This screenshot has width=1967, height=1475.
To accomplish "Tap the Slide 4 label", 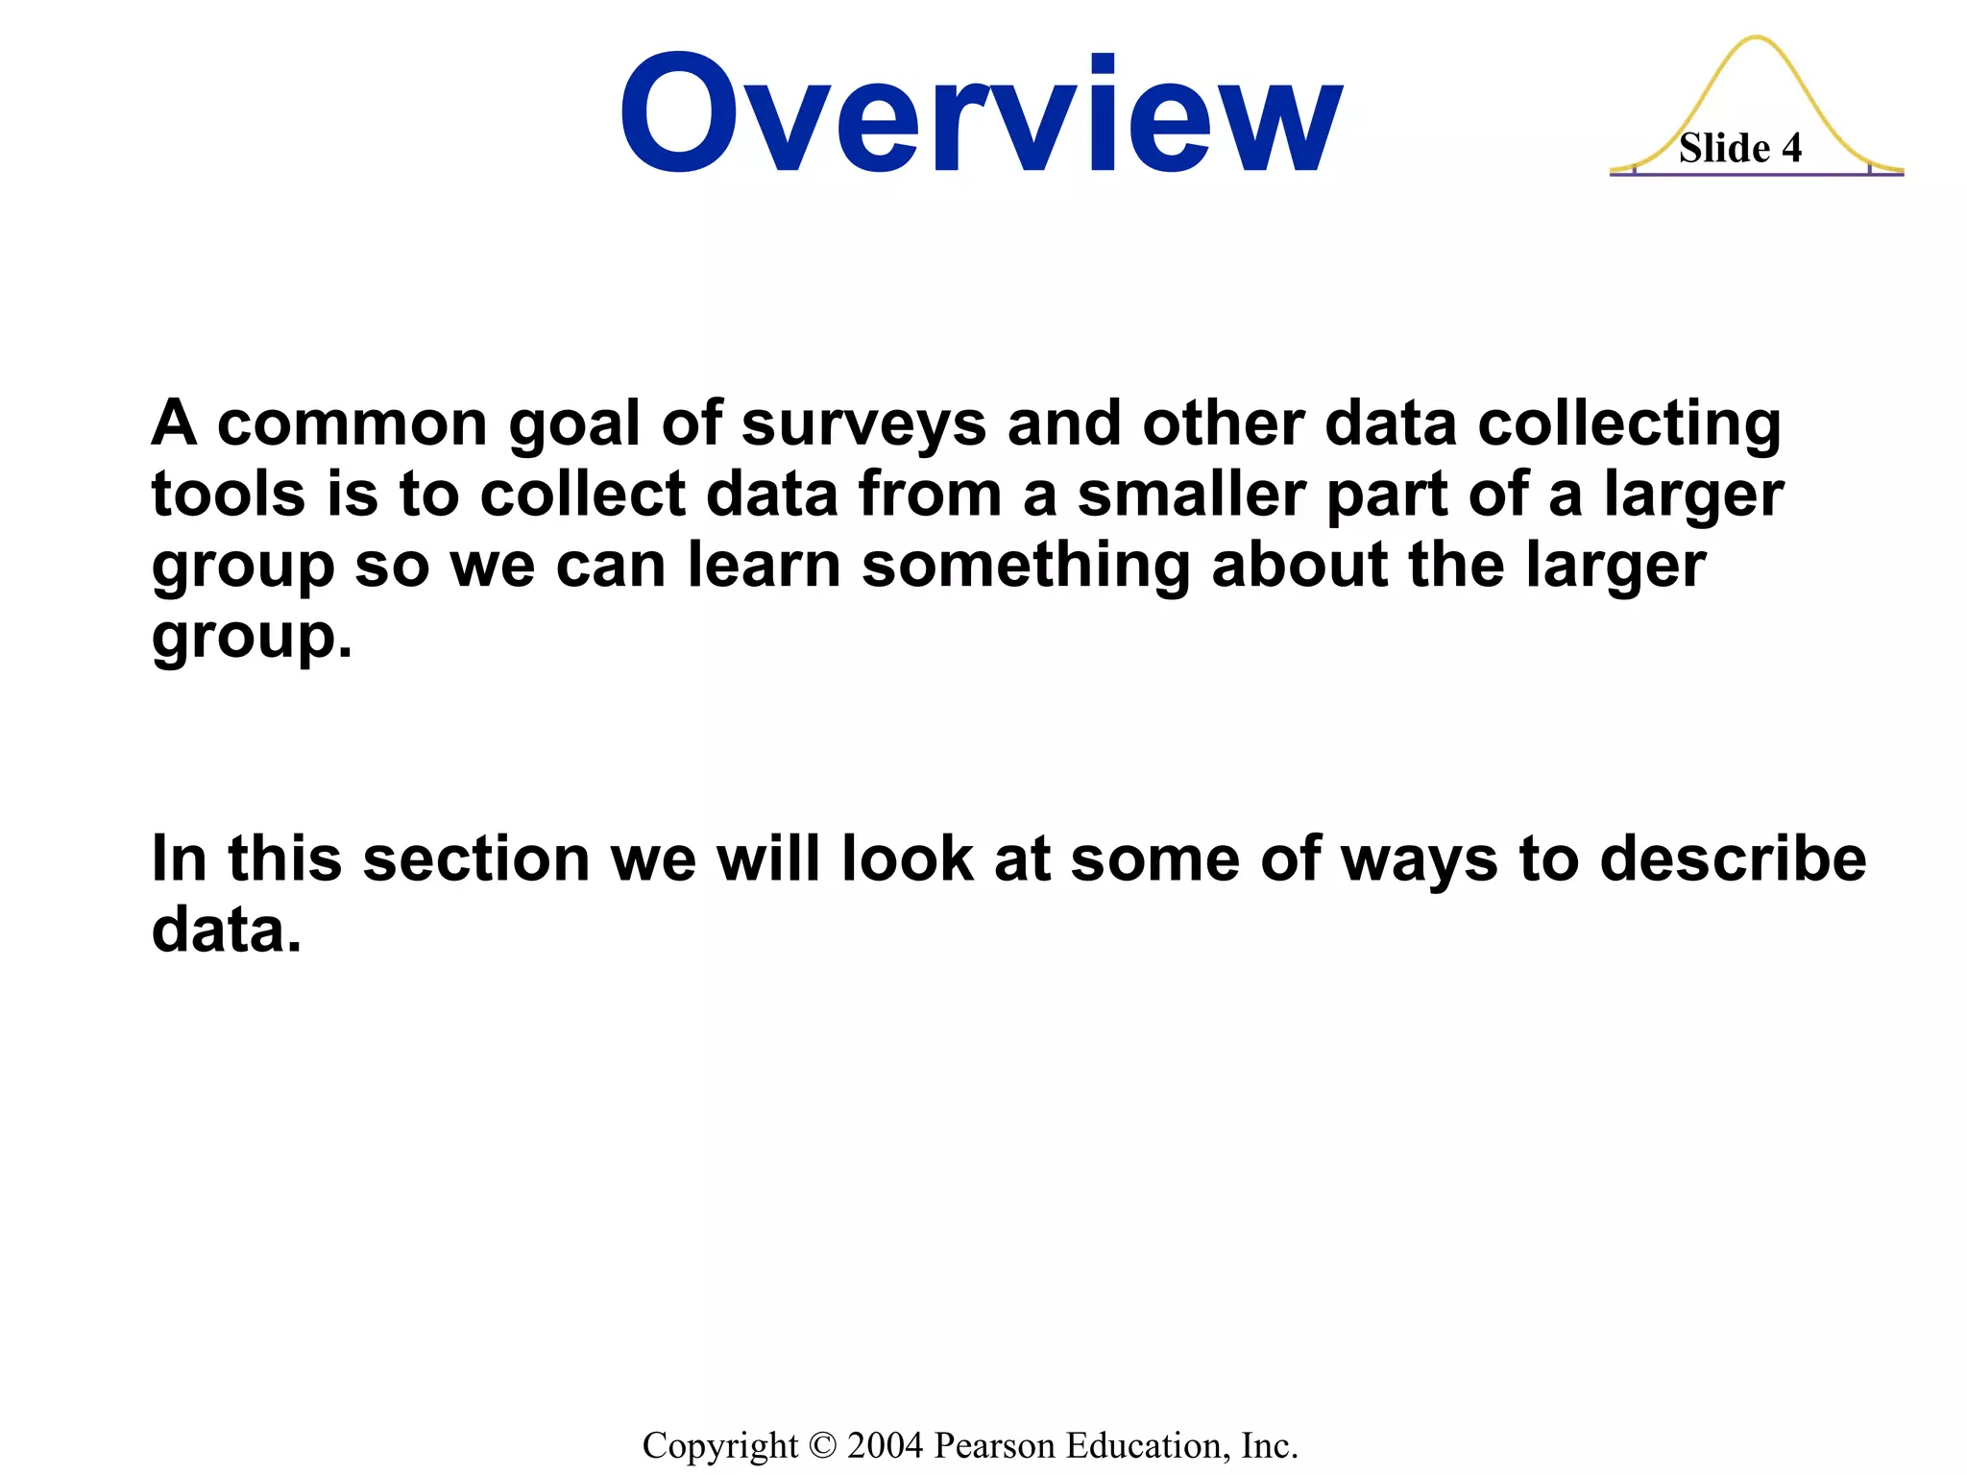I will click(x=1739, y=149).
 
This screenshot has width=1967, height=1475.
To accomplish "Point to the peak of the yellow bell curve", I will click(x=1757, y=38).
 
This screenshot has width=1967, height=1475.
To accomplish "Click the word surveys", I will click(x=863, y=424).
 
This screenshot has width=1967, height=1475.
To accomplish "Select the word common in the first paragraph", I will click(x=352, y=424).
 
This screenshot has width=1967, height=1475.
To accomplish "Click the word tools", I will click(x=229, y=495).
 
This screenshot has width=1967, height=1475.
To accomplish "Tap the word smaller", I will click(x=1191, y=495).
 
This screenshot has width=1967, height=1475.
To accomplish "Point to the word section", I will click(x=476, y=858).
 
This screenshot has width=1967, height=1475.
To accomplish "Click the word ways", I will click(x=1419, y=860).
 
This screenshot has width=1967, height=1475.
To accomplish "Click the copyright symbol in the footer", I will click(x=823, y=1445).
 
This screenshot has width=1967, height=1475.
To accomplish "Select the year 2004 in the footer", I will click(x=885, y=1445).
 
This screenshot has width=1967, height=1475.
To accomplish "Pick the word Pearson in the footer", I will click(x=993, y=1445).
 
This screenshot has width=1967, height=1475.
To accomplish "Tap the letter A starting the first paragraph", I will click(x=174, y=424).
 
